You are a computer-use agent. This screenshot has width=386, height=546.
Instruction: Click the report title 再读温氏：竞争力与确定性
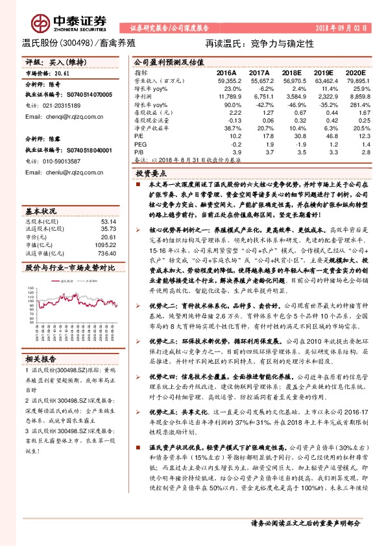coord(259,43)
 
